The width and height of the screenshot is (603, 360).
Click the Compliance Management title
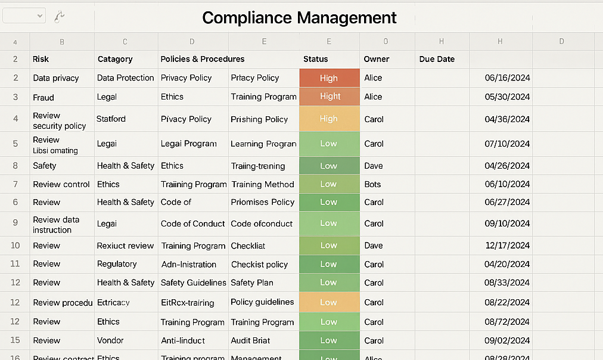click(x=299, y=17)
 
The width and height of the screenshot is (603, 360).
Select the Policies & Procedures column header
click(x=203, y=59)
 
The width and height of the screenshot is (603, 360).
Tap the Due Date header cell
click(x=437, y=59)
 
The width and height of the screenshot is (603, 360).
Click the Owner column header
click(x=377, y=59)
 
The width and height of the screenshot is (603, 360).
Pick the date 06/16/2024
click(x=508, y=78)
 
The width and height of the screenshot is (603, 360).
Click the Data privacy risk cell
click(x=56, y=78)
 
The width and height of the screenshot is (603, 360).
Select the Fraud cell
click(x=43, y=97)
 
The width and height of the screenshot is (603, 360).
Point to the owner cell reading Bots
click(x=372, y=184)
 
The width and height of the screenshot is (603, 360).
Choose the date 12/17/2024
click(x=508, y=246)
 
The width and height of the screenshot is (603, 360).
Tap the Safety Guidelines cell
click(x=193, y=283)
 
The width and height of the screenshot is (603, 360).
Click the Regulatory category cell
click(x=117, y=264)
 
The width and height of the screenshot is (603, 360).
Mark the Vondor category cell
click(x=110, y=340)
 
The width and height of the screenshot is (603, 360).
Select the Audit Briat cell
click(x=250, y=340)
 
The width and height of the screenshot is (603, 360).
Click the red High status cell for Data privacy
click(x=329, y=78)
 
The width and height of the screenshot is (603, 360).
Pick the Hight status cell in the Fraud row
click(x=330, y=97)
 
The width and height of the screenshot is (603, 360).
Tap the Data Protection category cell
click(x=125, y=78)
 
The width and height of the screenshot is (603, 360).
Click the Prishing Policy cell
click(x=259, y=119)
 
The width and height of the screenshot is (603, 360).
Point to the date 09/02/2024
click(x=508, y=340)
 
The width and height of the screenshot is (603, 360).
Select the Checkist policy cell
click(x=259, y=264)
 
